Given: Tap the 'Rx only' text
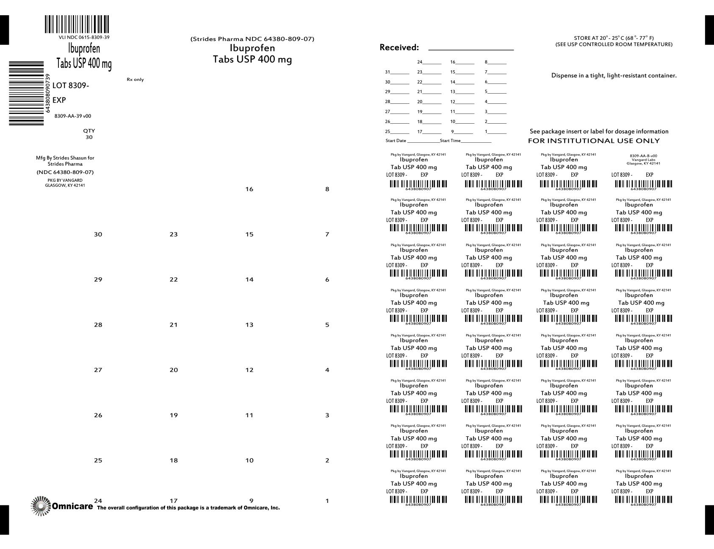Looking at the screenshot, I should click(135, 80).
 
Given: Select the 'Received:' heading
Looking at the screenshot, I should click(399, 47).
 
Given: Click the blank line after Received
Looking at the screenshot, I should click(471, 49).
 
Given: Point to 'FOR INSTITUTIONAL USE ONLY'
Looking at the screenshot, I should click(594, 141).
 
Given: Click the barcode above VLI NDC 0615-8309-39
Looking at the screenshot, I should click(77, 24).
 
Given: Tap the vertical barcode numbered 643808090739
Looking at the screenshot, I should click(26, 93).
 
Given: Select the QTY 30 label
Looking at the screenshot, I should click(89, 134).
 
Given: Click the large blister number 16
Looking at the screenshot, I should click(249, 189).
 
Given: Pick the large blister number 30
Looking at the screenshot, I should click(98, 234).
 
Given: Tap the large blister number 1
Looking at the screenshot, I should click(327, 501).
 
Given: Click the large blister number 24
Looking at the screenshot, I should click(98, 501).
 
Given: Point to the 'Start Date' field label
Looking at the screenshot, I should click(396, 141).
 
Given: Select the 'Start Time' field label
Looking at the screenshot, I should click(450, 141).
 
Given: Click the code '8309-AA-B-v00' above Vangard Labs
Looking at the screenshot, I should click(643, 156).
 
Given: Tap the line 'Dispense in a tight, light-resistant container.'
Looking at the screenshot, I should click(614, 75).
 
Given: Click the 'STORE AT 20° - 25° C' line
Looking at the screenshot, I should click(614, 38).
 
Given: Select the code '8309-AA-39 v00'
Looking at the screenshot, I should click(73, 116).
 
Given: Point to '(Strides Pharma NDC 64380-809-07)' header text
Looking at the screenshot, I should click(252, 39).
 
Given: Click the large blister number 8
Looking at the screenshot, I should click(327, 189).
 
